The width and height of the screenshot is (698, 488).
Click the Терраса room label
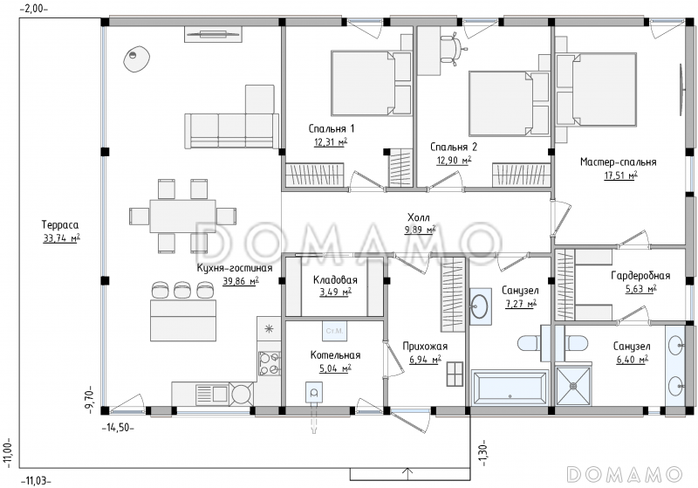[60, 224]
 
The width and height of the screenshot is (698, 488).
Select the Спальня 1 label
[332, 128]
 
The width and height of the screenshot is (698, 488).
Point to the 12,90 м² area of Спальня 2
[454, 161]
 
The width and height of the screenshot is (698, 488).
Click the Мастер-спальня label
[618, 162]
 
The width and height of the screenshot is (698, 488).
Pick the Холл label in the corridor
[419, 217]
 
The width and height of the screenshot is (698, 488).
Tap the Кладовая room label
[335, 280]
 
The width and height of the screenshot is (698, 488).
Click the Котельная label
[335, 354]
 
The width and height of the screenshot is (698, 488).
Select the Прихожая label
[425, 347]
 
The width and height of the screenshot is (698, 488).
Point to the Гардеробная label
[640, 276]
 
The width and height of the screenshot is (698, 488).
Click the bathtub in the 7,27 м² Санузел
[510, 388]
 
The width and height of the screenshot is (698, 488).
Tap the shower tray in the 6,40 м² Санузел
[574, 386]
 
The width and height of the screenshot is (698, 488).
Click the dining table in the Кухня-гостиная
[182, 217]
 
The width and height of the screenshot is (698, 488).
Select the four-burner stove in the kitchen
[270, 363]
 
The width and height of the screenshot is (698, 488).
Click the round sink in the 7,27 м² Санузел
[480, 306]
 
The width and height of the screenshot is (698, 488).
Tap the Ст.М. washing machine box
[334, 331]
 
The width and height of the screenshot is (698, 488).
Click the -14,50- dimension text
[118, 428]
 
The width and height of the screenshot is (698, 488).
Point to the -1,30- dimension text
[484, 454]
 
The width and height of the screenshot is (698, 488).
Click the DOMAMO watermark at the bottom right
[625, 474]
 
